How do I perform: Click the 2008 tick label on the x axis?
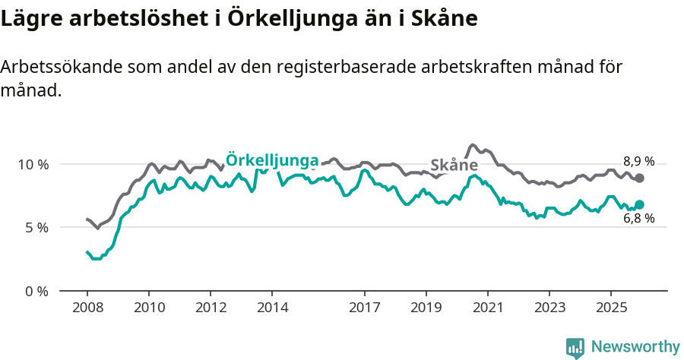[87, 308]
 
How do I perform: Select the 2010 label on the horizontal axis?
[149, 308]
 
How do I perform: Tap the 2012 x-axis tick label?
[211, 308]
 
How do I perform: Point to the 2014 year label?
[272, 308]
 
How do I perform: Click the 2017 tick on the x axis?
[365, 308]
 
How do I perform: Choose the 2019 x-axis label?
[426, 308]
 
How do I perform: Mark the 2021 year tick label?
[487, 308]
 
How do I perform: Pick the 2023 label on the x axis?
[549, 308]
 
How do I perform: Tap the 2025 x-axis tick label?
[610, 308]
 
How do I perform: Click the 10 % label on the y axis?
[33, 164]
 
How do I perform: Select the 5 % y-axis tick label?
[36, 227]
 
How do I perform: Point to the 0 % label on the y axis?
[36, 291]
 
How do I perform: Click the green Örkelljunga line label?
[272, 159]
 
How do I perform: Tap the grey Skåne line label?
[454, 166]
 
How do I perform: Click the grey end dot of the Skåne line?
[639, 178]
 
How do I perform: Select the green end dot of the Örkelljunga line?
[639, 204]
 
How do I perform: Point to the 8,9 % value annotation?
[638, 161]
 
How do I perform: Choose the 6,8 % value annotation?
[638, 219]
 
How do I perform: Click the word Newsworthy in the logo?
[635, 347]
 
